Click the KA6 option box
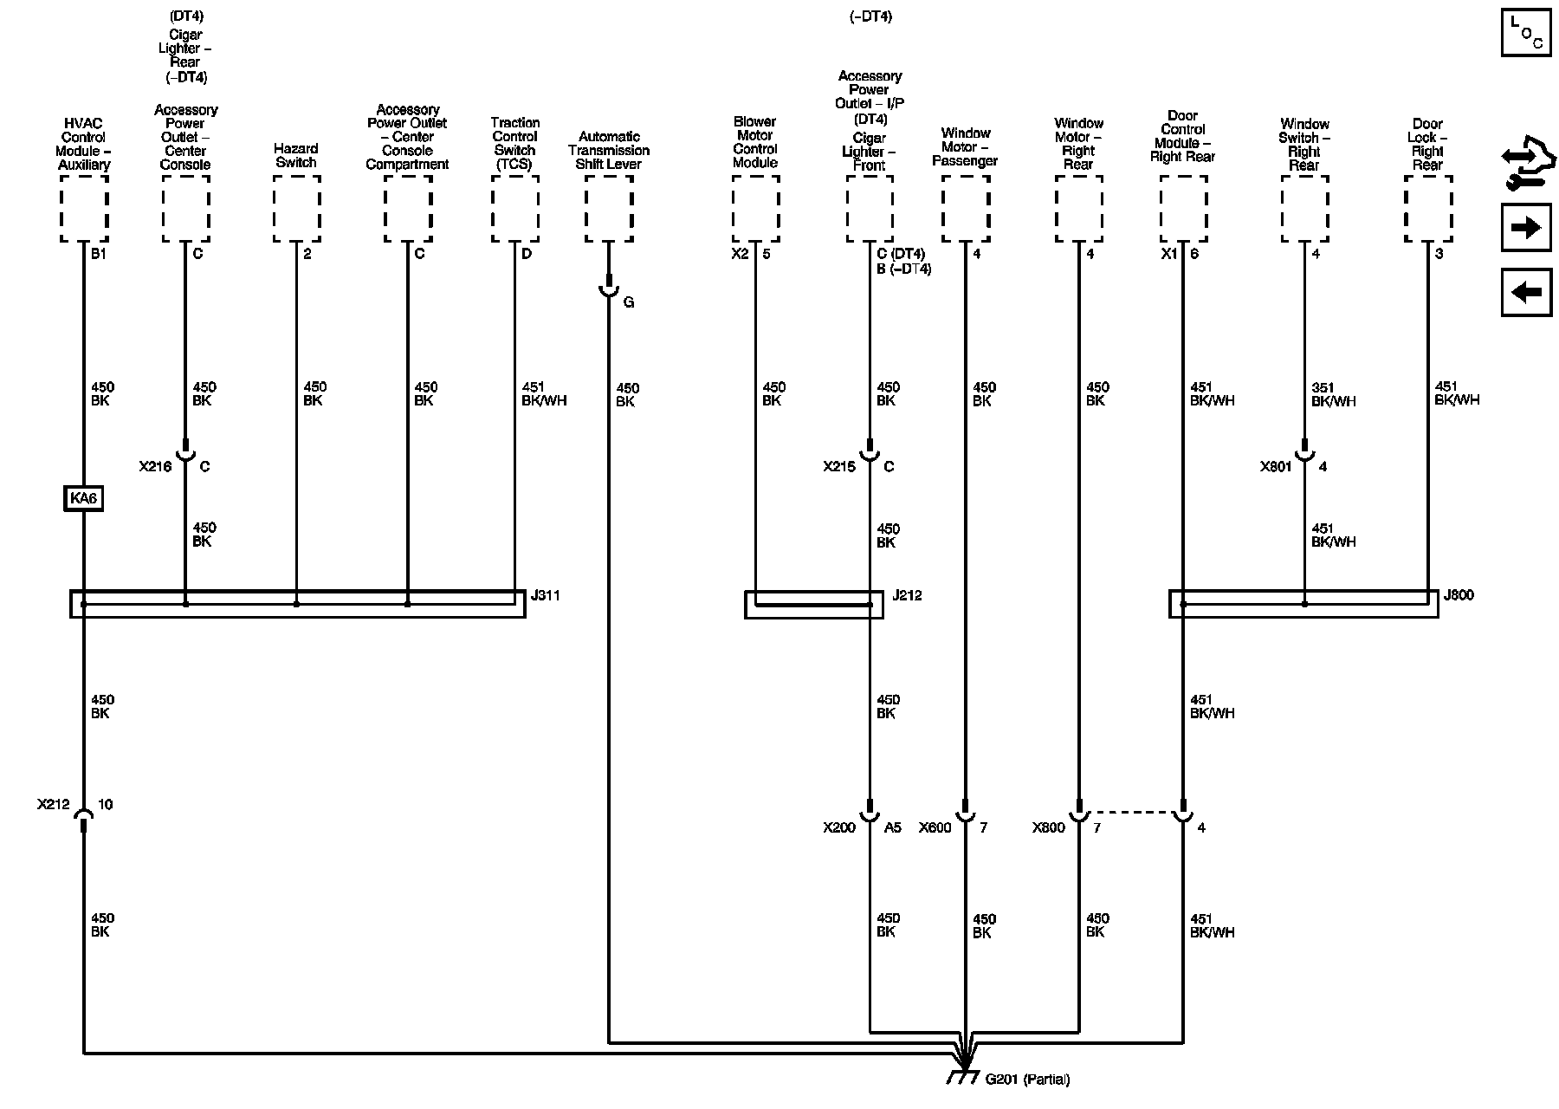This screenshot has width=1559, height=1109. [83, 499]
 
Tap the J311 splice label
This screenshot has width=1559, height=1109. [545, 596]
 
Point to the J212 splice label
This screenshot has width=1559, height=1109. [907, 596]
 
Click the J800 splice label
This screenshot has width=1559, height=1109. [1459, 595]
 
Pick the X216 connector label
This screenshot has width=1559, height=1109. [155, 467]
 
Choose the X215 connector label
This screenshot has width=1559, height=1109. [839, 467]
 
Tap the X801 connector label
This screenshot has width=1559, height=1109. [1276, 467]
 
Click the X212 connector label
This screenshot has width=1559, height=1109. [53, 805]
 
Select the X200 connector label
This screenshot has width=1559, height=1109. [839, 828]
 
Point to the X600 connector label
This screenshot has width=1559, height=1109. [935, 828]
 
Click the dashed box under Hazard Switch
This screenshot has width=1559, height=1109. [296, 209]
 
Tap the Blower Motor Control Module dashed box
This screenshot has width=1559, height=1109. [755, 209]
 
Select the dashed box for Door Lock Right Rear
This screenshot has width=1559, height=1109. [1428, 209]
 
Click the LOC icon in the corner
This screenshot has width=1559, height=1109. [1526, 33]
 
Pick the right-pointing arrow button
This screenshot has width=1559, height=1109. [1526, 228]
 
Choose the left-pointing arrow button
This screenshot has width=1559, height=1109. [1526, 292]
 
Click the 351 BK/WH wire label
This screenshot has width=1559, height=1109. [1333, 394]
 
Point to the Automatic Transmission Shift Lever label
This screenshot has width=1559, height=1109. [609, 150]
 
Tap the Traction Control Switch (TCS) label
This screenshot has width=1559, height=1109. [515, 143]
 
